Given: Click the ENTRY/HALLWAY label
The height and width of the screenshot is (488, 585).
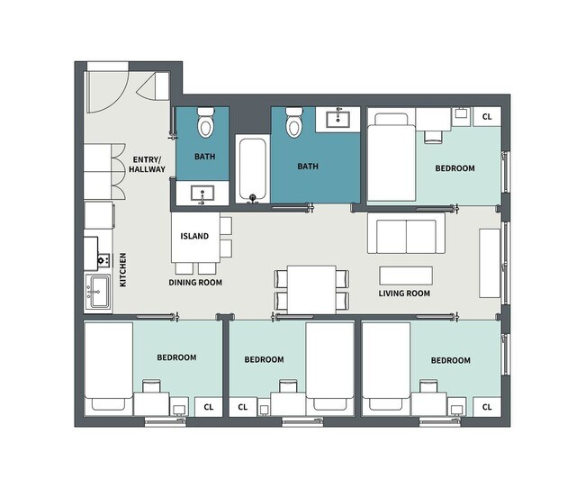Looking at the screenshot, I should point(145,162).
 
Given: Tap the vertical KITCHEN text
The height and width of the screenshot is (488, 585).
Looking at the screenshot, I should point(123,270).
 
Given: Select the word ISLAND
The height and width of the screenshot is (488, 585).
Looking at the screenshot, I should point(194,237).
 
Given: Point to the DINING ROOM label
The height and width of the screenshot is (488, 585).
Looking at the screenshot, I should point(195,282).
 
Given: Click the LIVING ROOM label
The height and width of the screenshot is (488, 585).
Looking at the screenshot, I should point(404,294).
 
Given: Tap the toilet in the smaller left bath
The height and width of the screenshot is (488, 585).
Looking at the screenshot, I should point(205,122).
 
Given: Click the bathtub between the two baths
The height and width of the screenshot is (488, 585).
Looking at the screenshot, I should point(251,170).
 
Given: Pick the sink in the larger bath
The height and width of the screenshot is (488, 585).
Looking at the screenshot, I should point(339,118).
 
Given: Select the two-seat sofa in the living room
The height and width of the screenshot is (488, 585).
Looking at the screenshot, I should point(406,236).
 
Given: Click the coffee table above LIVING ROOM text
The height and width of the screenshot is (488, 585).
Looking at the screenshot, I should point(405,274).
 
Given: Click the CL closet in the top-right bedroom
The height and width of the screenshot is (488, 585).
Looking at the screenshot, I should point(488,116).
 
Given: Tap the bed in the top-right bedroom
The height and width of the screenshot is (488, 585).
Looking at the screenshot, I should point(390,158).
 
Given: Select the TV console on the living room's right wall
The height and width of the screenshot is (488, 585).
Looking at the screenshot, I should point(489,262).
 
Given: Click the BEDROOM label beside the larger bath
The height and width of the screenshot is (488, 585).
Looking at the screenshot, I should point(456,168).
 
